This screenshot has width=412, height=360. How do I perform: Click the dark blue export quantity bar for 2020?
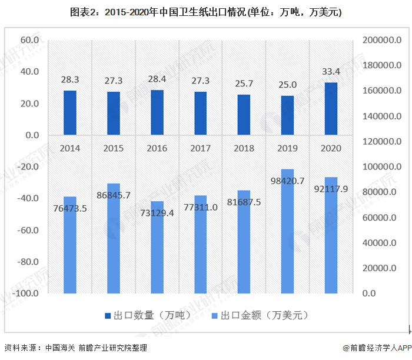[x=331, y=109]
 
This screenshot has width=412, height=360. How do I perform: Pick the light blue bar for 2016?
[x=157, y=247]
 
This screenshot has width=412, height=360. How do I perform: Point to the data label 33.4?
[x=331, y=72]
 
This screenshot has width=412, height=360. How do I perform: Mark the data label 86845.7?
[x=114, y=195]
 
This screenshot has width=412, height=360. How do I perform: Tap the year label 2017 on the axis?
[x=201, y=148]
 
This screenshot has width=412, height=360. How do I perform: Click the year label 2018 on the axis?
[x=244, y=148]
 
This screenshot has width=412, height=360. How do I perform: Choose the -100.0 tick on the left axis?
[x=26, y=293]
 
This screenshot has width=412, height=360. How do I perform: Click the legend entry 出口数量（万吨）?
[x=147, y=315]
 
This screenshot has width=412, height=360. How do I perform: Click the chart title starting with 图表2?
[x=206, y=12]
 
